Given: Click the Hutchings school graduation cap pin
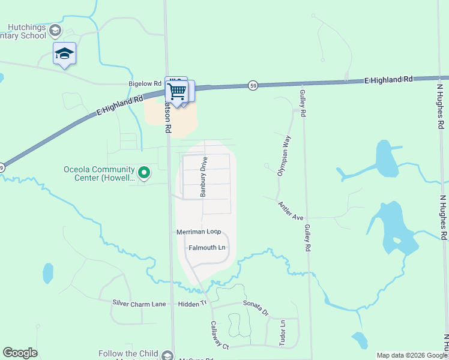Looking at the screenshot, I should (x=64, y=55).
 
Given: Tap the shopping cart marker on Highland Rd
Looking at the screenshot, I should (x=177, y=91).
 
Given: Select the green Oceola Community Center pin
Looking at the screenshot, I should (x=144, y=173).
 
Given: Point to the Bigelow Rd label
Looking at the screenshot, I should (x=145, y=84).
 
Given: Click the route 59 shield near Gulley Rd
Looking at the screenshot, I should (x=254, y=86).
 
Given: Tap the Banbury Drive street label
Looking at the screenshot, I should (x=203, y=176).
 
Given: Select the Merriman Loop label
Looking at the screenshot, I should (x=199, y=232).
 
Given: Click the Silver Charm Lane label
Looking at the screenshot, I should (x=139, y=304).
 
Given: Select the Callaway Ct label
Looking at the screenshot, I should (x=220, y=335).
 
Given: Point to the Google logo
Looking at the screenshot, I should (x=20, y=353).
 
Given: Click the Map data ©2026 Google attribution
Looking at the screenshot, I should (x=411, y=355).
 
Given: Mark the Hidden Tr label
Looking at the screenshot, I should (x=192, y=304).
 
